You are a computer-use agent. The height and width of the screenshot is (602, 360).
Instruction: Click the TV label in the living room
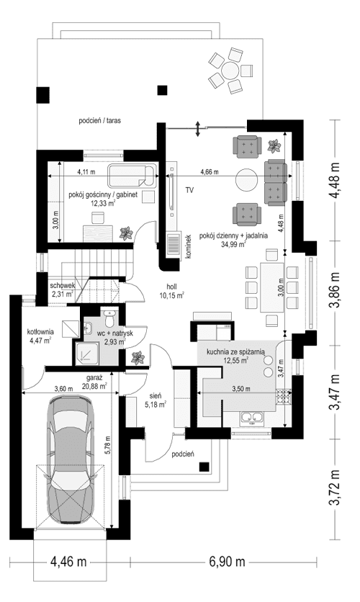tap(189, 191)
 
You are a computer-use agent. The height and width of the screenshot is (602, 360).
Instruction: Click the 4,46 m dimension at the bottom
tap(68, 562)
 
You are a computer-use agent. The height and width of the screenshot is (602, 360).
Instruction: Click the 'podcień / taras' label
tap(99, 122)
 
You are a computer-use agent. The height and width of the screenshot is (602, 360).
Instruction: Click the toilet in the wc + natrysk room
tap(108, 314)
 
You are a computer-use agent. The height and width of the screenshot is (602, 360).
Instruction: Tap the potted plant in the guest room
tap(126, 233)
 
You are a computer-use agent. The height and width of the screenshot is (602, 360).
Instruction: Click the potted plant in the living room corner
tap(274, 147)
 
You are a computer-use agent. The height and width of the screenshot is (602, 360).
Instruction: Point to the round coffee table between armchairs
tap(247, 179)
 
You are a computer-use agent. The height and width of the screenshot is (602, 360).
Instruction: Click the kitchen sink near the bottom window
tap(254, 419)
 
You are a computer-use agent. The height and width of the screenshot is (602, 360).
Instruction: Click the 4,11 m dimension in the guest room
tap(86, 172)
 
